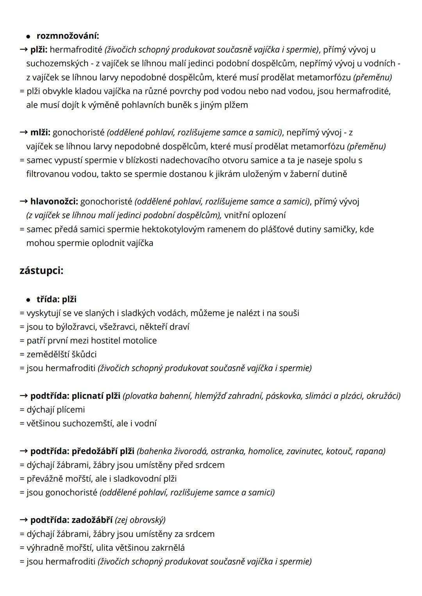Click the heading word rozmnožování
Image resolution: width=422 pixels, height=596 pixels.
(x=67, y=36)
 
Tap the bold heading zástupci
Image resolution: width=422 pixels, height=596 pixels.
(x=41, y=271)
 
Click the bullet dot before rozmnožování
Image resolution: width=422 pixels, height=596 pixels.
(x=28, y=36)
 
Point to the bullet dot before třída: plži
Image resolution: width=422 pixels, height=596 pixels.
(x=28, y=300)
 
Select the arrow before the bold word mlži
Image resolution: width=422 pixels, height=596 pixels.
(x=23, y=132)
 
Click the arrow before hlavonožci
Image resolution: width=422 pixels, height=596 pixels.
(x=23, y=202)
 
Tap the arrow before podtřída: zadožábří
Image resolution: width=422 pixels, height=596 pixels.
(x=23, y=520)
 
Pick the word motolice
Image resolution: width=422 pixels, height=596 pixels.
(x=139, y=341)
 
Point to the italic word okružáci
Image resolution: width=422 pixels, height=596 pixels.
(x=383, y=396)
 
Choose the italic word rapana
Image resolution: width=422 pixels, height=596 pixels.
(x=372, y=451)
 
